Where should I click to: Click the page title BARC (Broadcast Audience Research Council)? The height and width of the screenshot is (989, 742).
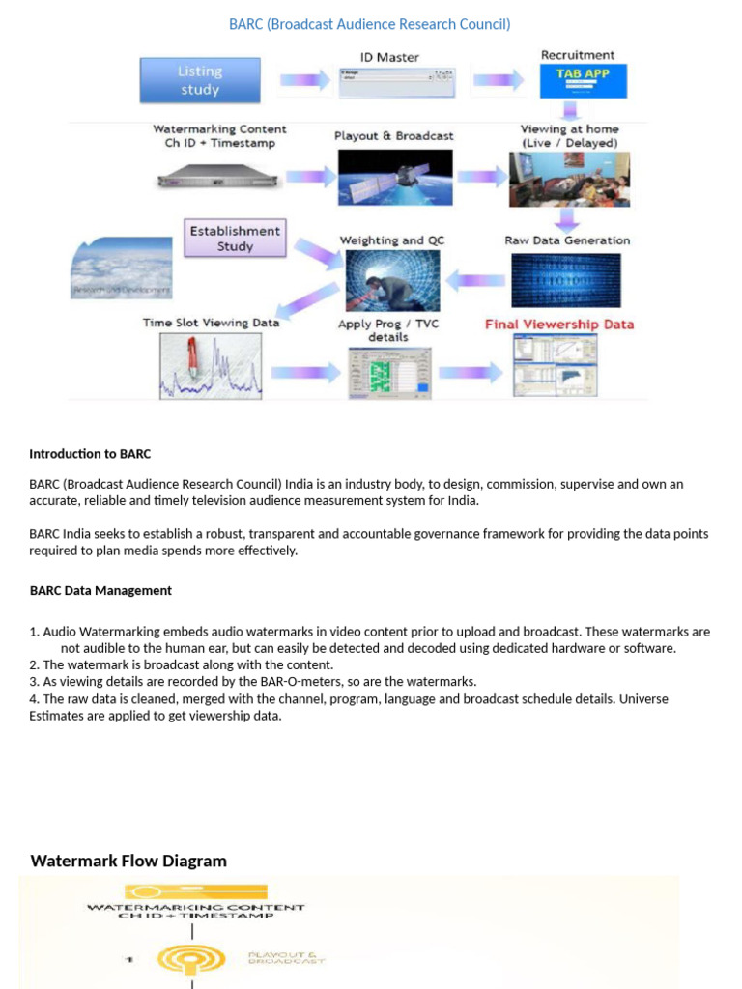coord(369,24)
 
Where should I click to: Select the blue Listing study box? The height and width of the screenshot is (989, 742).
coord(200,80)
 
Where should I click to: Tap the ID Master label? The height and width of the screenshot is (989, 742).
coord(390,57)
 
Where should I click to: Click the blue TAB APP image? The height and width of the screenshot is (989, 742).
coord(583,81)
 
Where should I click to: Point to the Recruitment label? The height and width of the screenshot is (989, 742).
coord(577,55)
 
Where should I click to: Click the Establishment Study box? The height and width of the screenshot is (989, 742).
coord(235,239)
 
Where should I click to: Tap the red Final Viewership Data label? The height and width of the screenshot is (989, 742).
coord(558,325)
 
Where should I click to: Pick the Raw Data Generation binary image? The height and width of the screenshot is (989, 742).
coord(566,280)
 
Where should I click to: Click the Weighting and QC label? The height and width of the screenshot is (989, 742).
coord(392,240)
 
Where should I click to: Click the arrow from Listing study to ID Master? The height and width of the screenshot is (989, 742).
coord(304,81)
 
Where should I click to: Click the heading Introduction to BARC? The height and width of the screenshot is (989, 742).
coord(90,453)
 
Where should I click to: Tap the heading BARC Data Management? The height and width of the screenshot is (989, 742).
coord(100,590)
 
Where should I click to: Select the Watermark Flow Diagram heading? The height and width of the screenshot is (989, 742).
coord(128,861)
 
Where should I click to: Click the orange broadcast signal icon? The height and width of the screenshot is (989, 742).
coord(191,959)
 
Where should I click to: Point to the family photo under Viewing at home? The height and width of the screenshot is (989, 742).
coord(569,179)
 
